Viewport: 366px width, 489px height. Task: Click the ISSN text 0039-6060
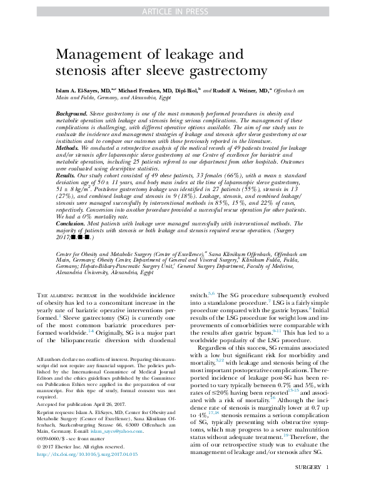click(52, 456)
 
